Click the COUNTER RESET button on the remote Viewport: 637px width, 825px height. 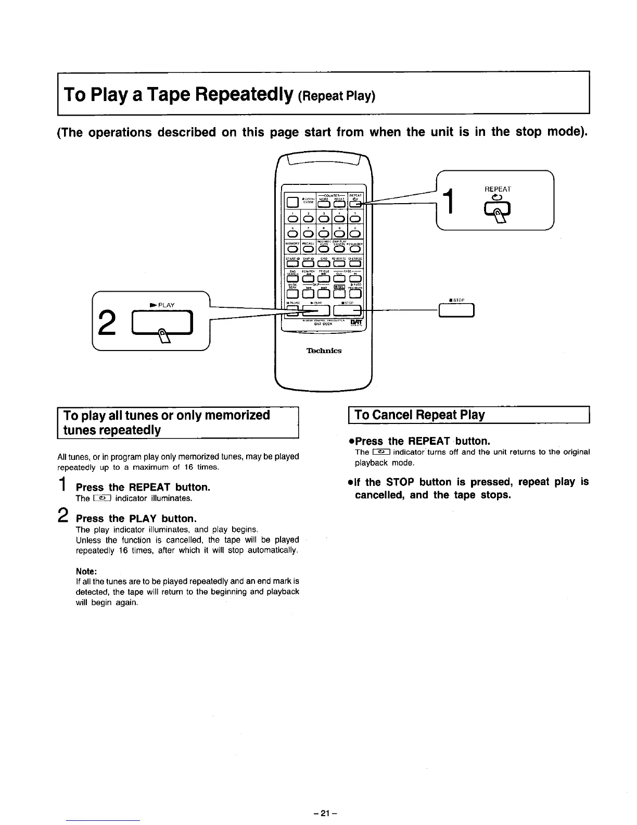pyautogui.click(x=339, y=203)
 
